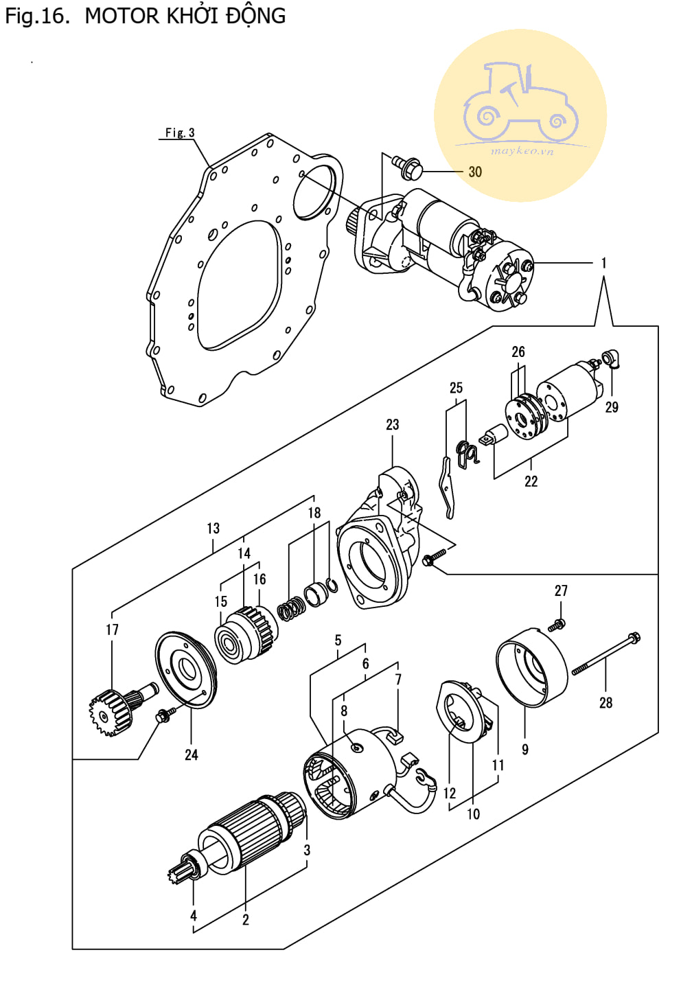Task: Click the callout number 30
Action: pos(475,172)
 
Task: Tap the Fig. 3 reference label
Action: pos(180,132)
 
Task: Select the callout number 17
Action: pos(112,630)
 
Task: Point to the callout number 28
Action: pos(605,702)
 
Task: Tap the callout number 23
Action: pos(392,424)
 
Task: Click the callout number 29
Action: pos(612,407)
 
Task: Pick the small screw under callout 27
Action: pos(556,625)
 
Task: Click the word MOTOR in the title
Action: pos(122,16)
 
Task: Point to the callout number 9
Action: pos(524,749)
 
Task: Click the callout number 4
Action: pos(193,915)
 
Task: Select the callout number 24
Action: pos(192,754)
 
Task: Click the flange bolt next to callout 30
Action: pos(407,167)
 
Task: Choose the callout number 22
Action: pos(531,481)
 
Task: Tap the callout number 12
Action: pos(450,793)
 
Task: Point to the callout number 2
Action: pos(246,920)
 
